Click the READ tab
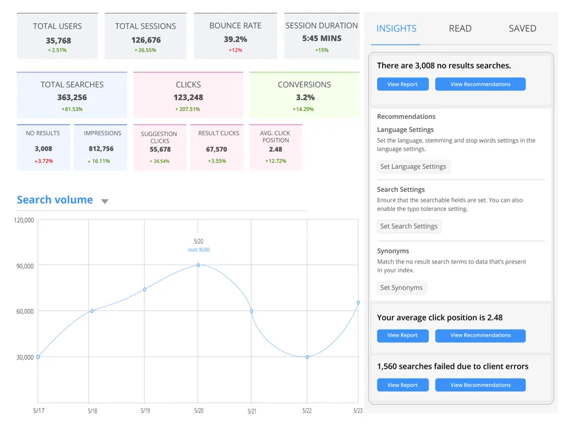[460, 28]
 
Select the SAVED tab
[522, 28]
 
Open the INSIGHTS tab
[396, 28]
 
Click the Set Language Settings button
[413, 167]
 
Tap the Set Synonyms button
[401, 288]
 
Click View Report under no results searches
[402, 84]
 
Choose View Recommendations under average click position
[480, 335]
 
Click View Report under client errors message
[402, 385]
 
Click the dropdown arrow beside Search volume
[105, 201]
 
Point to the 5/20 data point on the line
[198, 265]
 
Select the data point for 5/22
[307, 357]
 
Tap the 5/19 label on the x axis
[145, 411]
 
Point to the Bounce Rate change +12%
[235, 50]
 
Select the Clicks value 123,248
[188, 97]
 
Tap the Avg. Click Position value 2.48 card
[275, 149]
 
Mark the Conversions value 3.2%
[304, 97]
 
